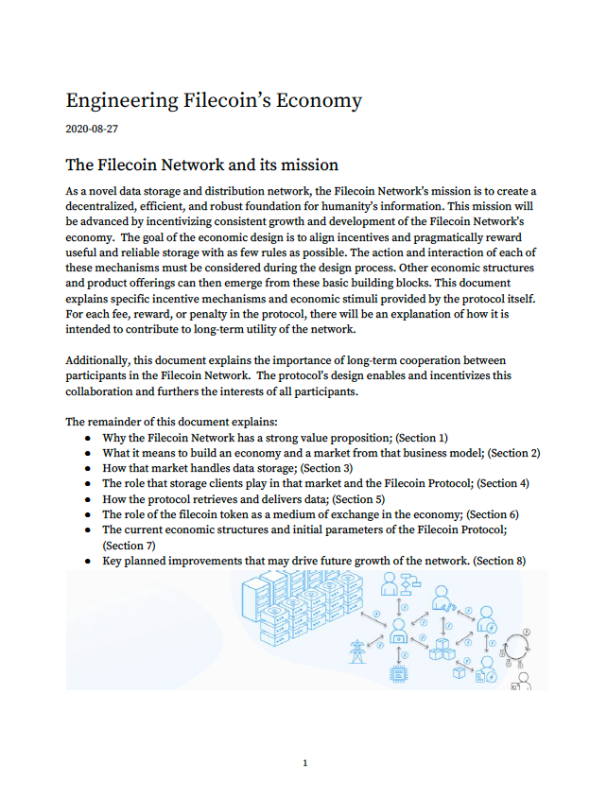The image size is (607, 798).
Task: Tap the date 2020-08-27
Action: tap(92, 127)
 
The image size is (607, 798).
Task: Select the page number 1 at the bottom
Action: tap(303, 762)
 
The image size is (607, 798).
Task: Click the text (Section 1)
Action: tap(421, 438)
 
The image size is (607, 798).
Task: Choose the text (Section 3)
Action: tap(326, 468)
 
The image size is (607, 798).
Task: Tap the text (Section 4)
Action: tap(503, 483)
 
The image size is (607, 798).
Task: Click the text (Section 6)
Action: tap(493, 514)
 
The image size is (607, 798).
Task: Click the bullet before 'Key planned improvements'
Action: tap(87, 561)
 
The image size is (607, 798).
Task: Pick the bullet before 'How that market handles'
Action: tap(87, 468)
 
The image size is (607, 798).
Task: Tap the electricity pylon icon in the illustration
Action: tap(357, 651)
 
